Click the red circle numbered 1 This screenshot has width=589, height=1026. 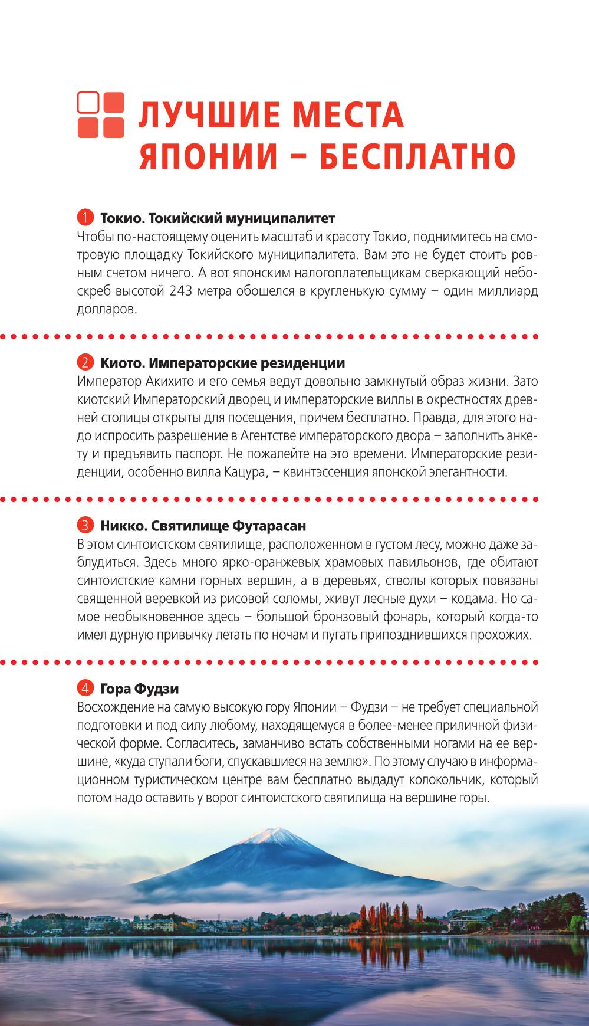tap(85, 218)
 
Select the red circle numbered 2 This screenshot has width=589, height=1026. tap(85, 362)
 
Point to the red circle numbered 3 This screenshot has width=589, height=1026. tap(85, 525)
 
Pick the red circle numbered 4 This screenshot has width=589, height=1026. tap(85, 688)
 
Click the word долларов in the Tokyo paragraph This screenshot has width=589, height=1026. tap(107, 309)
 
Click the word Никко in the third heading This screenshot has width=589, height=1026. tap(120, 525)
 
